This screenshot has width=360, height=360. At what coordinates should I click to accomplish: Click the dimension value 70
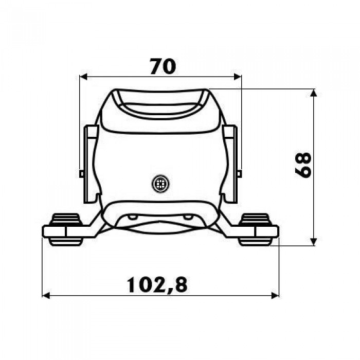(163, 66)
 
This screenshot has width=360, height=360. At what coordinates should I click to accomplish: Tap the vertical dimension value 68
(303, 165)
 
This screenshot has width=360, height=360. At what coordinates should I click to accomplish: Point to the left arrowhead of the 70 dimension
(83, 77)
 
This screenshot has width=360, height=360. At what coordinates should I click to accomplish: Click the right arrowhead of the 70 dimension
(238, 77)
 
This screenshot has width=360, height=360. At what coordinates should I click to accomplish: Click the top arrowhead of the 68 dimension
(314, 93)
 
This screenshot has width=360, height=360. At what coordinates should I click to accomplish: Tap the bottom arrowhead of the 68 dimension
(314, 242)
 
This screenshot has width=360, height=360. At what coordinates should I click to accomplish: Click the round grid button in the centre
(160, 184)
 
